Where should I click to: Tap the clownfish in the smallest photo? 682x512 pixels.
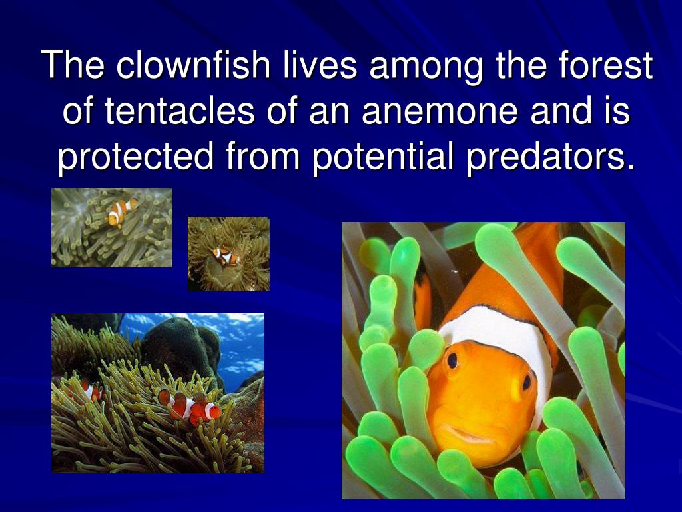225,255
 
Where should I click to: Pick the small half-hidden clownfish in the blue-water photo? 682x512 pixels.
89,391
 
